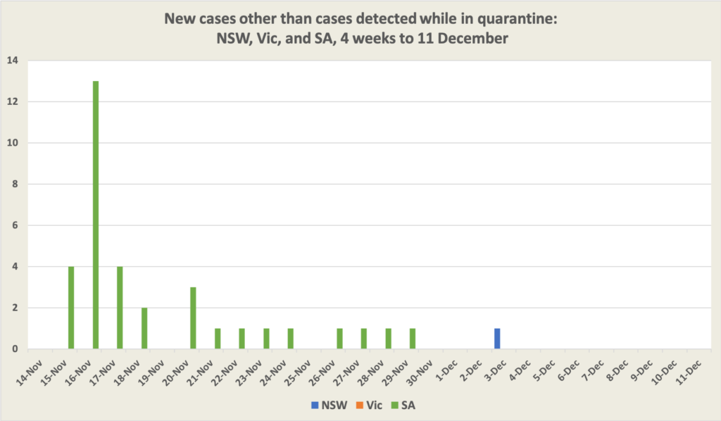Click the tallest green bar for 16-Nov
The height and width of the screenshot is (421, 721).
coord(96,215)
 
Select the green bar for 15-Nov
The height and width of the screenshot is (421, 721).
coord(71,308)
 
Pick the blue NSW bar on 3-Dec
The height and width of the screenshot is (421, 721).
coord(497,339)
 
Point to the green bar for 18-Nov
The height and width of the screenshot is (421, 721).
coord(144,328)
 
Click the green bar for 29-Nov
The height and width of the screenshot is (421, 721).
coord(413,339)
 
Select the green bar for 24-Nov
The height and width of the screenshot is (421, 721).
coord(291,339)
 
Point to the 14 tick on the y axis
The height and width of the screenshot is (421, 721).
coord(13,61)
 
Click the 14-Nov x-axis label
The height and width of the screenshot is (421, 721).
coord(32,371)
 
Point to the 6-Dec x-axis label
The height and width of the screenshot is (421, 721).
coord(569,371)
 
